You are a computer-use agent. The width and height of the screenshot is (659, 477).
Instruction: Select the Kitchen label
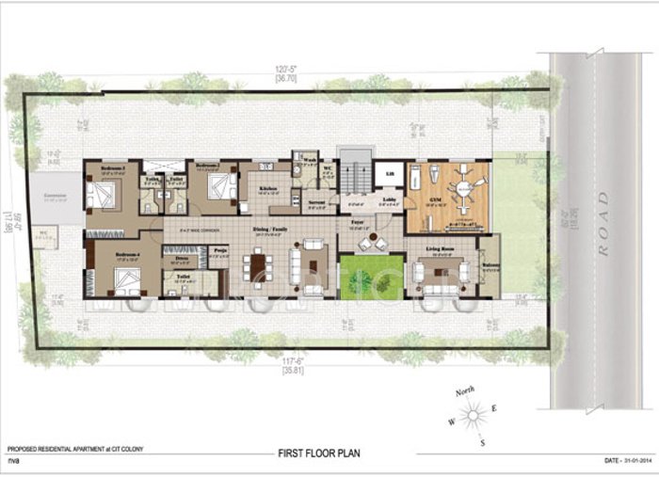click(267, 188)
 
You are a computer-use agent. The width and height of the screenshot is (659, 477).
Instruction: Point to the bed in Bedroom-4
click(125, 279)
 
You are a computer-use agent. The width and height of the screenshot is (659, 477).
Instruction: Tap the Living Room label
click(440, 248)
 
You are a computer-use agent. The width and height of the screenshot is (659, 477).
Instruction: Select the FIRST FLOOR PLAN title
click(318, 453)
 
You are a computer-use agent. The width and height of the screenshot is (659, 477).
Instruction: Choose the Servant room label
click(316, 202)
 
